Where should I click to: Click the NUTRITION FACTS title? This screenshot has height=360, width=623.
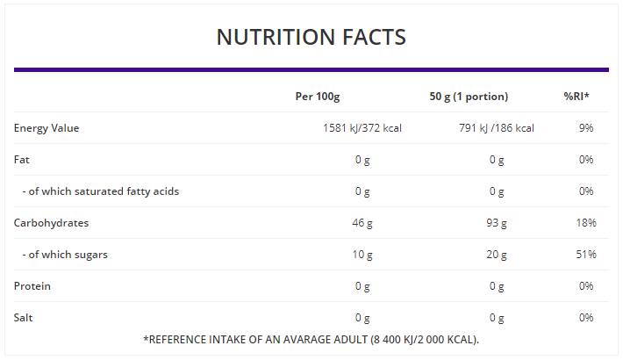click(x=311, y=37)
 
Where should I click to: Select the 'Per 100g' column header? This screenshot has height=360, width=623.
click(x=317, y=97)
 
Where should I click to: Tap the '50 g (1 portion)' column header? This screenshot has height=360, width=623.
click(x=469, y=97)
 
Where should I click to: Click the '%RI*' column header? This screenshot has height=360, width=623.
click(x=576, y=97)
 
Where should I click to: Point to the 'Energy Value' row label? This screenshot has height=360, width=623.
click(x=47, y=128)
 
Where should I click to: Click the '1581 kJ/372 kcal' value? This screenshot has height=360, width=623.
click(x=362, y=128)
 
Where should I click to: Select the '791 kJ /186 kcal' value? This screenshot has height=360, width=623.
click(x=497, y=128)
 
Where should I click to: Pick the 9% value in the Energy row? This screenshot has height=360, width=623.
click(x=586, y=128)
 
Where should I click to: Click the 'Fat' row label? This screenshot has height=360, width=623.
click(x=22, y=160)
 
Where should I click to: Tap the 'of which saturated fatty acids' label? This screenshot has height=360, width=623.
click(x=100, y=191)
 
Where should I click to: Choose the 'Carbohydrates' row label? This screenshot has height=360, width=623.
click(x=51, y=223)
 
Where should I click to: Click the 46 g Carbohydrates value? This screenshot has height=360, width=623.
click(x=362, y=223)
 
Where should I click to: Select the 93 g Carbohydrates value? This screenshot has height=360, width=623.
click(x=497, y=223)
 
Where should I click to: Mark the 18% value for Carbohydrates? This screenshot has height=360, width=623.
click(x=586, y=223)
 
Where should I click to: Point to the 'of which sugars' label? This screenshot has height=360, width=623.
click(x=68, y=255)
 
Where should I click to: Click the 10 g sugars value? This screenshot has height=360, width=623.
click(x=362, y=255)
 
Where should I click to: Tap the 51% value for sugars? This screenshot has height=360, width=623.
click(x=586, y=255)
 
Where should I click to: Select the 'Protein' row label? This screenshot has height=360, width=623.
click(x=32, y=286)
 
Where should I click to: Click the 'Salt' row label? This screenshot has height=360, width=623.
click(x=24, y=318)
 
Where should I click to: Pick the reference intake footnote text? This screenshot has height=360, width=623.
click(x=311, y=339)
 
